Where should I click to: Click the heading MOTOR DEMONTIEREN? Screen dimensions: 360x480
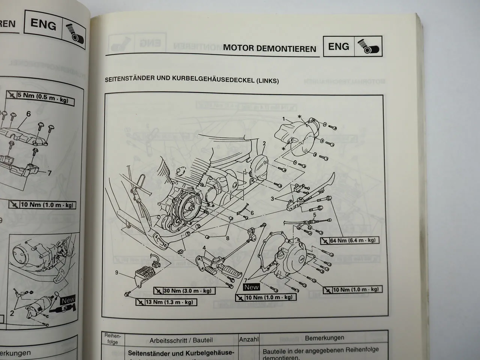click(269, 49)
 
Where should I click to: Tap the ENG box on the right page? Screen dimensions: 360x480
click(338, 46)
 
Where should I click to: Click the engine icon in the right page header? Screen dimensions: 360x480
click(368, 46)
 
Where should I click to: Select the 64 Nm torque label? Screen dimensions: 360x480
click(349, 240)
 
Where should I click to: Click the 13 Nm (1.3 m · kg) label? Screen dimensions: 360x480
click(165, 302)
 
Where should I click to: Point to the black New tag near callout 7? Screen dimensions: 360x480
click(251, 287)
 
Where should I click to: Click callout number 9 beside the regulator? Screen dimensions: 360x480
click(117, 273)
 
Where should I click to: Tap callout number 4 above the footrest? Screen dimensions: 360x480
click(204, 248)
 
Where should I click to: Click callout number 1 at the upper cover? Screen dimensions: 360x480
click(284, 119)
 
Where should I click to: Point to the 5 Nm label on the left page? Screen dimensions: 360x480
click(40, 96)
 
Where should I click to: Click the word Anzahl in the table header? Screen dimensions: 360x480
click(249, 339)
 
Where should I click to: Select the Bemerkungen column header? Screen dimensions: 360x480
click(324, 338)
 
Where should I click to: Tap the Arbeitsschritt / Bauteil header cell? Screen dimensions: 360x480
click(181, 340)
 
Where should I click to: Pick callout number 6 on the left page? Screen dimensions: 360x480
click(28, 114)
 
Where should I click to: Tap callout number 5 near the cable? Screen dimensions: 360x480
click(315, 215)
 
